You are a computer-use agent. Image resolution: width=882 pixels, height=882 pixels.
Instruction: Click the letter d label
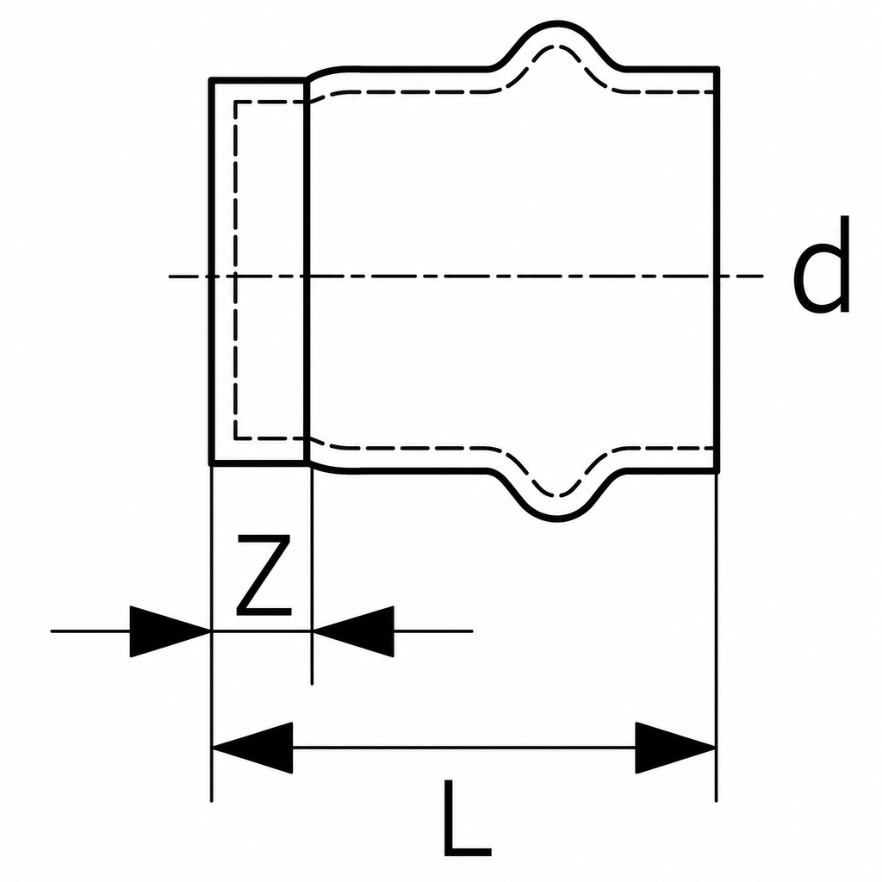tap(821, 264)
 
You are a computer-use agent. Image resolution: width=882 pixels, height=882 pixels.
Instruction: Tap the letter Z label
tap(264, 575)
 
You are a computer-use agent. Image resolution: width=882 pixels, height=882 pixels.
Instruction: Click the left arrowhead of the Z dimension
tap(170, 631)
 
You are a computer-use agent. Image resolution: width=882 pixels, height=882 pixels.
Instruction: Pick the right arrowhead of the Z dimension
tap(353, 631)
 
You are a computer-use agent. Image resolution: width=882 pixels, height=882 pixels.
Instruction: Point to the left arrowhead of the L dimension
tap(252, 748)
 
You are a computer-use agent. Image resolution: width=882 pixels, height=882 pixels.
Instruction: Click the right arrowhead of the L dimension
tap(675, 748)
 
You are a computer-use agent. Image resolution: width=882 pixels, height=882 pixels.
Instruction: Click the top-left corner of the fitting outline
tap(211, 80)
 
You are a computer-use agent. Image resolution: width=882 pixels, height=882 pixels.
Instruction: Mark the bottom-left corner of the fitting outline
tap(211, 464)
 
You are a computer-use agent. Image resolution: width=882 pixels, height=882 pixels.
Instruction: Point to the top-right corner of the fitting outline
tap(717, 69)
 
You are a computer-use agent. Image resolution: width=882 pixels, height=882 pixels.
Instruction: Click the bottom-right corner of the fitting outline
tap(717, 471)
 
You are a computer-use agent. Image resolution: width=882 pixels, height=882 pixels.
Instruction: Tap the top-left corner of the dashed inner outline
tap(235, 102)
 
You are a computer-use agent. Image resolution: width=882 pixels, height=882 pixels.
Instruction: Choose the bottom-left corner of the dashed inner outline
tap(235, 438)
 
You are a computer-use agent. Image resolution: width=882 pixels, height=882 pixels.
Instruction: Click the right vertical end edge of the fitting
tap(717, 270)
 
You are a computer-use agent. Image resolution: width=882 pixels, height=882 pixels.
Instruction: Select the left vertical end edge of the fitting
tap(211, 272)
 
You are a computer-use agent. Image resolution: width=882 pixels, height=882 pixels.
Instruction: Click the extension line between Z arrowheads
tap(262, 631)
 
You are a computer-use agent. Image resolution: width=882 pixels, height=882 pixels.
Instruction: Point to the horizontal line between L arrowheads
tap(464, 748)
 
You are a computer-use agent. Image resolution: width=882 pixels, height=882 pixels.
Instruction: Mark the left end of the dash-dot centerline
tap(170, 276)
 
